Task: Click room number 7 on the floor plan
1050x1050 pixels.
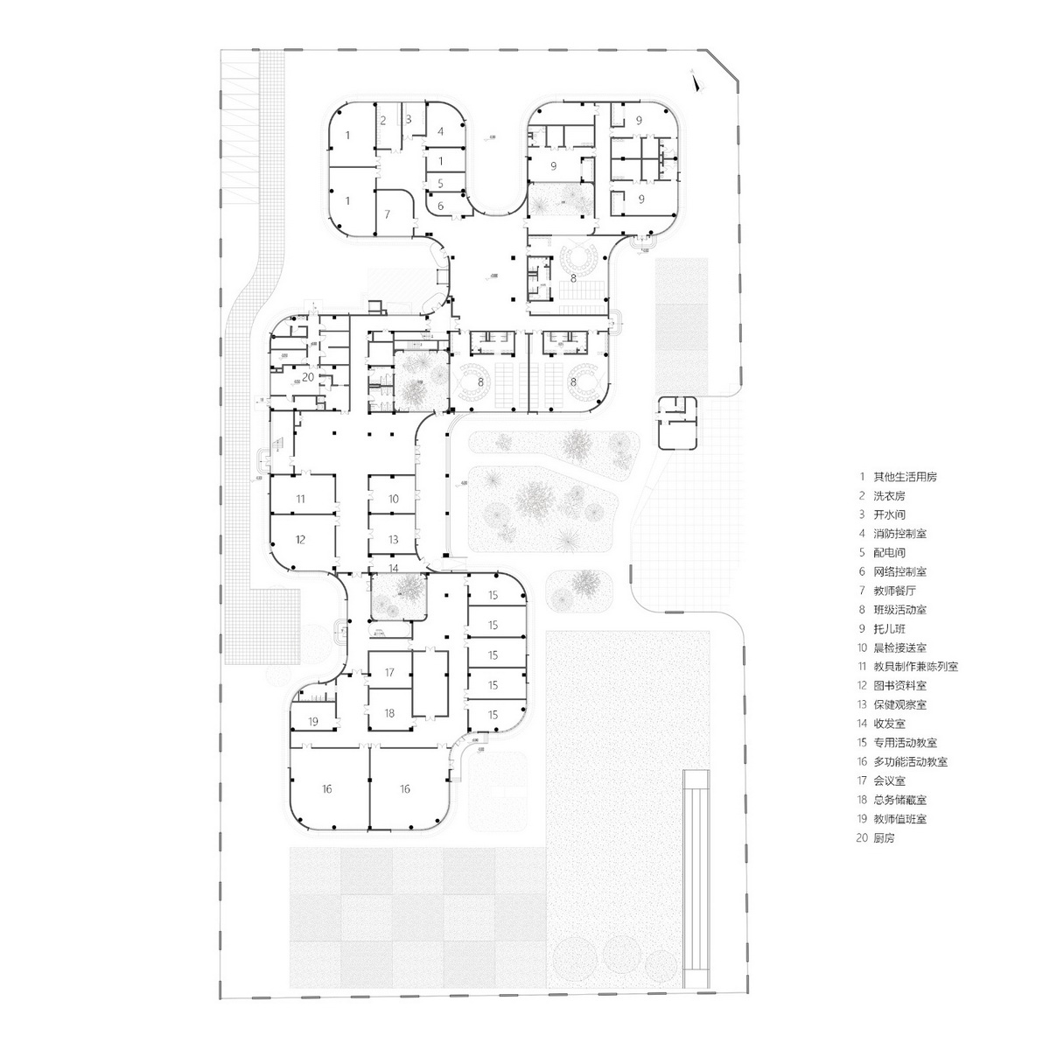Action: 388,214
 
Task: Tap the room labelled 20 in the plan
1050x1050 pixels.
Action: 307,376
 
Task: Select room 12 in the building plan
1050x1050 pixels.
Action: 300,539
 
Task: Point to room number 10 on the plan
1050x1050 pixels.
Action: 394,498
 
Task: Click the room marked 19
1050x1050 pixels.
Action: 312,722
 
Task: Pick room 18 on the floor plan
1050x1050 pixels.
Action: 389,713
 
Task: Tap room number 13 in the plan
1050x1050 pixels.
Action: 394,539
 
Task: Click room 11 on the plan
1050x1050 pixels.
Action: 300,498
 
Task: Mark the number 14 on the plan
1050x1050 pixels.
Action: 394,568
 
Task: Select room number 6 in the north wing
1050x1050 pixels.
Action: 440,206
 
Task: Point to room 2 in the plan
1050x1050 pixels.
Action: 382,119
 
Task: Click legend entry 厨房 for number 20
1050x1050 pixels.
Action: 884,838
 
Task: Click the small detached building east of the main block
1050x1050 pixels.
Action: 678,422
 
